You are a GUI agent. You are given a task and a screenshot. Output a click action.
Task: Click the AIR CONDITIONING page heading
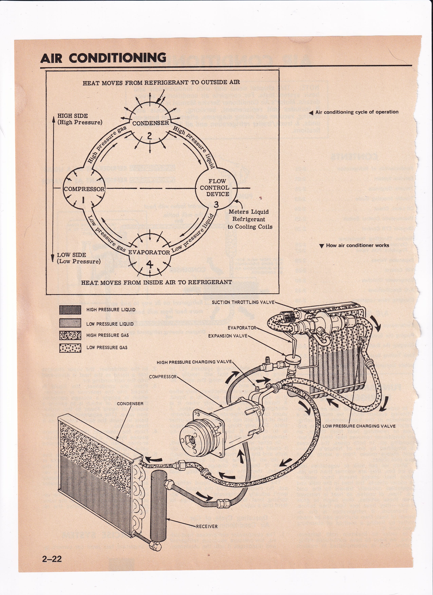pyautogui.click(x=103, y=58)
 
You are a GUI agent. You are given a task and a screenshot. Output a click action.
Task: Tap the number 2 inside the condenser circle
pyautogui.click(x=149, y=136)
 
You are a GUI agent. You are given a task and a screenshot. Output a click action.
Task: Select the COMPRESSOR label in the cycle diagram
pyautogui.click(x=84, y=189)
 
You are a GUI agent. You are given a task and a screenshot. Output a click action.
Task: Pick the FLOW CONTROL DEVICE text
pyautogui.click(x=214, y=188)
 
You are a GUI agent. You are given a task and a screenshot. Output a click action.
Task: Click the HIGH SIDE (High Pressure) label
pyautogui.click(x=80, y=119)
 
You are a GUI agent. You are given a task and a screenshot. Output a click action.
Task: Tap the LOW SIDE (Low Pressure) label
pyautogui.click(x=79, y=258)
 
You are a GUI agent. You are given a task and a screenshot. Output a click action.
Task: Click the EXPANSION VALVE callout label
pyautogui.click(x=228, y=336)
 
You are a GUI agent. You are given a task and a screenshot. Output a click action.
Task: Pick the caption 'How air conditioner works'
pyautogui.click(x=357, y=246)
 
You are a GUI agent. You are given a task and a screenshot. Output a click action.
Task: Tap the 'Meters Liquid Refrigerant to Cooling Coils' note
pyautogui.click(x=250, y=219)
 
